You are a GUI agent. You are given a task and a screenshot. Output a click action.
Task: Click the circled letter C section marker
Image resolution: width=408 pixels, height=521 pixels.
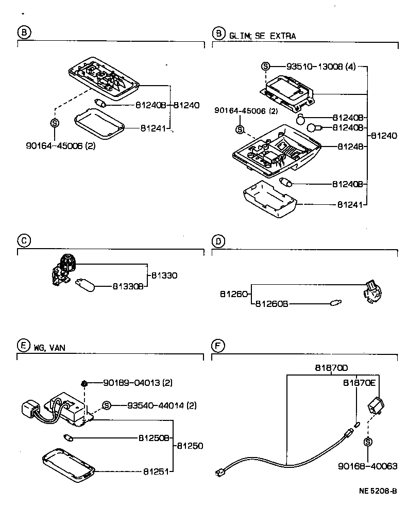click(x=23, y=240)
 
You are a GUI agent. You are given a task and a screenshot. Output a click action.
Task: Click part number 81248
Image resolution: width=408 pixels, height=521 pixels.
click(x=351, y=146)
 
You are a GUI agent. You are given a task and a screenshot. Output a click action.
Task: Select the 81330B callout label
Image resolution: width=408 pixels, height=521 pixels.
click(x=128, y=286)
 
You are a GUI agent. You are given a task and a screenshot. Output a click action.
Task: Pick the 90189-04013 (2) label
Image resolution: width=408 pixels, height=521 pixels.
click(x=138, y=383)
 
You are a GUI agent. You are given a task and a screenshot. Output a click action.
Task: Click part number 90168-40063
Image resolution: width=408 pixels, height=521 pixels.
click(x=368, y=466)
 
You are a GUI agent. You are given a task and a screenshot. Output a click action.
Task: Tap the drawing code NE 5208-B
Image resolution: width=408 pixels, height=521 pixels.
click(x=378, y=491)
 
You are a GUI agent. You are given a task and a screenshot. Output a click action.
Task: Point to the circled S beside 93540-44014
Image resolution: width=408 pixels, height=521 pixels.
click(x=107, y=405)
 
